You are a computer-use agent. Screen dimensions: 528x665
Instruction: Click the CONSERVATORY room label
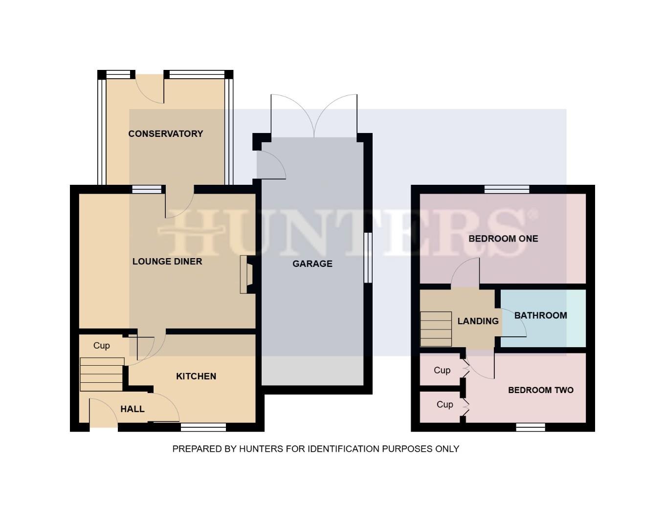(165, 133)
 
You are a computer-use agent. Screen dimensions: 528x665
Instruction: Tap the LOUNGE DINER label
(167, 262)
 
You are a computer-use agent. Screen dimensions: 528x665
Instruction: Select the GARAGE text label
(312, 264)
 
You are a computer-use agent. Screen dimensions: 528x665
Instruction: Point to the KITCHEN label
(196, 376)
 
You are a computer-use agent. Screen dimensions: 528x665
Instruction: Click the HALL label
(133, 409)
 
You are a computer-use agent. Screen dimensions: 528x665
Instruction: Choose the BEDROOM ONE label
(503, 239)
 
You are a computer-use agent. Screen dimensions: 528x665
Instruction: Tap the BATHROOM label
(541, 315)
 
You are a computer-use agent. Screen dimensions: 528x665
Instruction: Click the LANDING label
(478, 321)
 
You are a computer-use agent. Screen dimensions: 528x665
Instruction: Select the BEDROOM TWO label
(541, 390)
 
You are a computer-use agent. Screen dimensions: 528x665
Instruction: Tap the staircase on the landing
(436, 329)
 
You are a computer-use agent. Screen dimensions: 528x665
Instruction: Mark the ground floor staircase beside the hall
(102, 374)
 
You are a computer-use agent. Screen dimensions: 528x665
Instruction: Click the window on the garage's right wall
(368, 258)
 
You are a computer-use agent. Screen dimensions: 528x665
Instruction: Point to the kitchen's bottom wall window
(203, 428)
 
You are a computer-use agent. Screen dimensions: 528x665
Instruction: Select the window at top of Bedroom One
(507, 189)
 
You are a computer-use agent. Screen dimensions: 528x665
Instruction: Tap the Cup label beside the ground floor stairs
(102, 346)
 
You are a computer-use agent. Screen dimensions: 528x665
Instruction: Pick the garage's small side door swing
(270, 165)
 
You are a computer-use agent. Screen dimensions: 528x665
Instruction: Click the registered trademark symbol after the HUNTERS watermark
(533, 214)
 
